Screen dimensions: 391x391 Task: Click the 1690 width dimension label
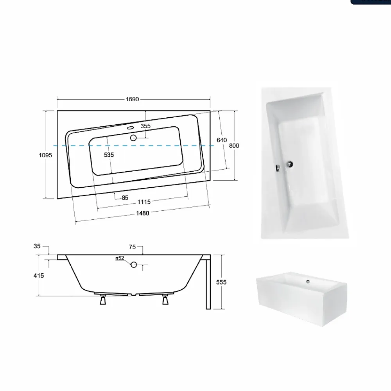[132, 99]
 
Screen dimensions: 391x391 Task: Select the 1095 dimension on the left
[45, 155]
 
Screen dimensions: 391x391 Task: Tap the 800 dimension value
[234, 145]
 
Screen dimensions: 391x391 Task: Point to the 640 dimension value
[222, 140]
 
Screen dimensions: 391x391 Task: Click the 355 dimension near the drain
[145, 126]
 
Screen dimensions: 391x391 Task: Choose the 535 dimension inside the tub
[109, 155]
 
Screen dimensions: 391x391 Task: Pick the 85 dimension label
[125, 198]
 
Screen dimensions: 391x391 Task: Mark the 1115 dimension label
[144, 202]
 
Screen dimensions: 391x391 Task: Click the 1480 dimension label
[142, 213]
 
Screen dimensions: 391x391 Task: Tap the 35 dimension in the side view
[37, 246]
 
